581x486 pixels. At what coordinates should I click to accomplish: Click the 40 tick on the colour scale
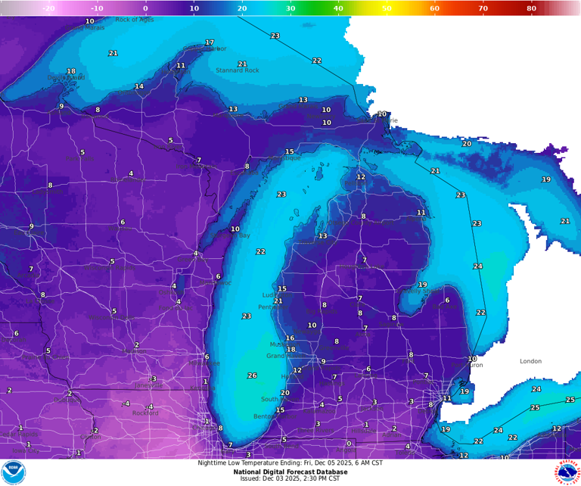click(x=338, y=8)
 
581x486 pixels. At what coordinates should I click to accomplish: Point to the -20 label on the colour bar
click(x=48, y=8)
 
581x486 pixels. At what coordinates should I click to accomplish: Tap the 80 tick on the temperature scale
click(x=531, y=8)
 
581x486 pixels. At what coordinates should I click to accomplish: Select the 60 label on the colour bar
click(x=434, y=8)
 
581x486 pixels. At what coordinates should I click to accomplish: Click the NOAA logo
click(x=14, y=472)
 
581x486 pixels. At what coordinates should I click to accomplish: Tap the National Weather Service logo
click(x=567, y=472)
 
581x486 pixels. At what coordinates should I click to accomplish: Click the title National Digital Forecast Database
click(x=290, y=471)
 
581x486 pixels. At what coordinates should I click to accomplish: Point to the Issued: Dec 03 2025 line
click(x=290, y=478)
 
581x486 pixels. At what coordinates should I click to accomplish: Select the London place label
click(x=530, y=361)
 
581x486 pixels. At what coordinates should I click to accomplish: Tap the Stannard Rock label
click(x=237, y=70)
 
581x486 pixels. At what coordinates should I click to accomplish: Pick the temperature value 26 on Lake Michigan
click(x=252, y=375)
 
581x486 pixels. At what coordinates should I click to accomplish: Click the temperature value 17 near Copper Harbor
click(x=210, y=42)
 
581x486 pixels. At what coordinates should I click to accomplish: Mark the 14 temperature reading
click(x=139, y=86)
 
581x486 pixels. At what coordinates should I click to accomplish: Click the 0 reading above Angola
click(x=349, y=444)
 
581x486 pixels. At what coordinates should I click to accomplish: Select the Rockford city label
click(x=145, y=413)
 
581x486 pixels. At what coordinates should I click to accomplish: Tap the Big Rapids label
click(x=322, y=311)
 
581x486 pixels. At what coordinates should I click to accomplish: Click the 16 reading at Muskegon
click(x=290, y=338)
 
